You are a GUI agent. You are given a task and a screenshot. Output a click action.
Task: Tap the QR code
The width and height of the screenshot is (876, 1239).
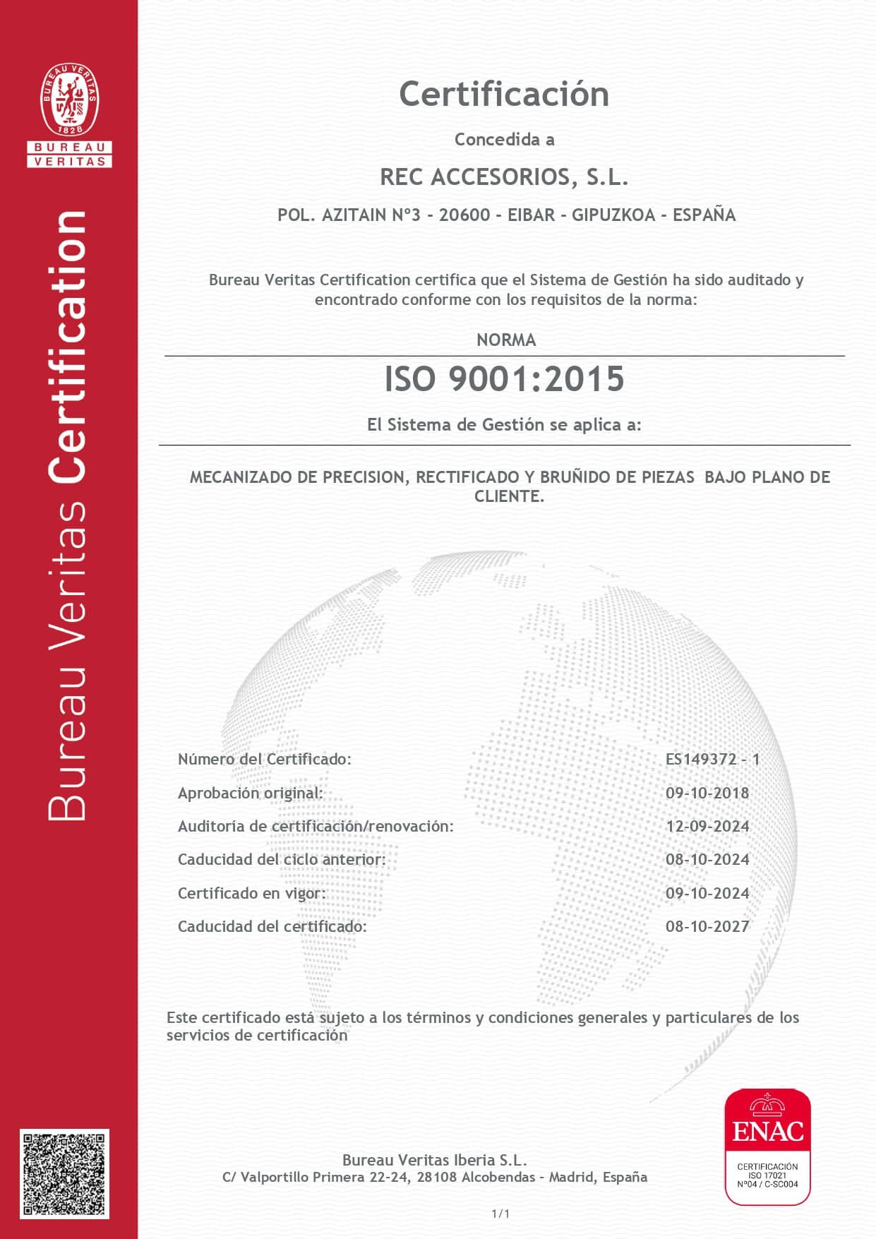point(64,1173)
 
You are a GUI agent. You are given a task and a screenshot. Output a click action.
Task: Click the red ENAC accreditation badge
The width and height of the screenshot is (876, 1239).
point(767,1147)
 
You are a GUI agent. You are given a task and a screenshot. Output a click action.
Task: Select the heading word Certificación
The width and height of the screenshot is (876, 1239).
point(504,95)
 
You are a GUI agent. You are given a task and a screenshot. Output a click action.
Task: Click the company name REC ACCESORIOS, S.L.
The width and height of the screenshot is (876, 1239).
point(504,177)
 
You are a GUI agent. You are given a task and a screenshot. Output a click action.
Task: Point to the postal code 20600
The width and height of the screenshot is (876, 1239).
point(464,215)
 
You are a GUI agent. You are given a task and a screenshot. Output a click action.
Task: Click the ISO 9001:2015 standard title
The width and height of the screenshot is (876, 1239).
point(504,379)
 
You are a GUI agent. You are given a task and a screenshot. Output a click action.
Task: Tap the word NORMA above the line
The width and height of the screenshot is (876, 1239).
point(506,340)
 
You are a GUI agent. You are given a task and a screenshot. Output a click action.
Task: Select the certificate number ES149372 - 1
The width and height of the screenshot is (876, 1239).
point(712,760)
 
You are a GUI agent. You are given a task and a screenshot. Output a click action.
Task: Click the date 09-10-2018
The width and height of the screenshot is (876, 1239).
point(707,794)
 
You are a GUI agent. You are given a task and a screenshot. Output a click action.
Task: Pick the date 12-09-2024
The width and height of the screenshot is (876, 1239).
point(707,827)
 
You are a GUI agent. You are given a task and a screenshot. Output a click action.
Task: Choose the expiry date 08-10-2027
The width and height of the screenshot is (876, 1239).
point(707,927)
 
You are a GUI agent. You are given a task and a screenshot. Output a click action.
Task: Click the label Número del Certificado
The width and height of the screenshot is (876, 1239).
point(264,760)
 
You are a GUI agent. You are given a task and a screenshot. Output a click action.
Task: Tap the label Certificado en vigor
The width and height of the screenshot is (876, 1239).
point(251,894)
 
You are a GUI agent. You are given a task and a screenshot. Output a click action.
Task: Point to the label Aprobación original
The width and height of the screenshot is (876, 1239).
point(250,794)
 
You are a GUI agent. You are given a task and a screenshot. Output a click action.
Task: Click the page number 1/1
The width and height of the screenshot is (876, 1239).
point(500,1214)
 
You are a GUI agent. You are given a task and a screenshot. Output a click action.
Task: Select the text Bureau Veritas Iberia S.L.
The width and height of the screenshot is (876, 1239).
point(434,1160)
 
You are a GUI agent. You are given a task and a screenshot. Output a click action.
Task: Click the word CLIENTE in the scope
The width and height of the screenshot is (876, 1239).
point(508,497)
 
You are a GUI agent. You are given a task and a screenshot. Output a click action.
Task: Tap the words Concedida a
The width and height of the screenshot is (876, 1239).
point(504,140)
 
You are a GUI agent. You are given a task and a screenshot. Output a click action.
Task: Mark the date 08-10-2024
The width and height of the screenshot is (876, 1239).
point(707,860)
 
